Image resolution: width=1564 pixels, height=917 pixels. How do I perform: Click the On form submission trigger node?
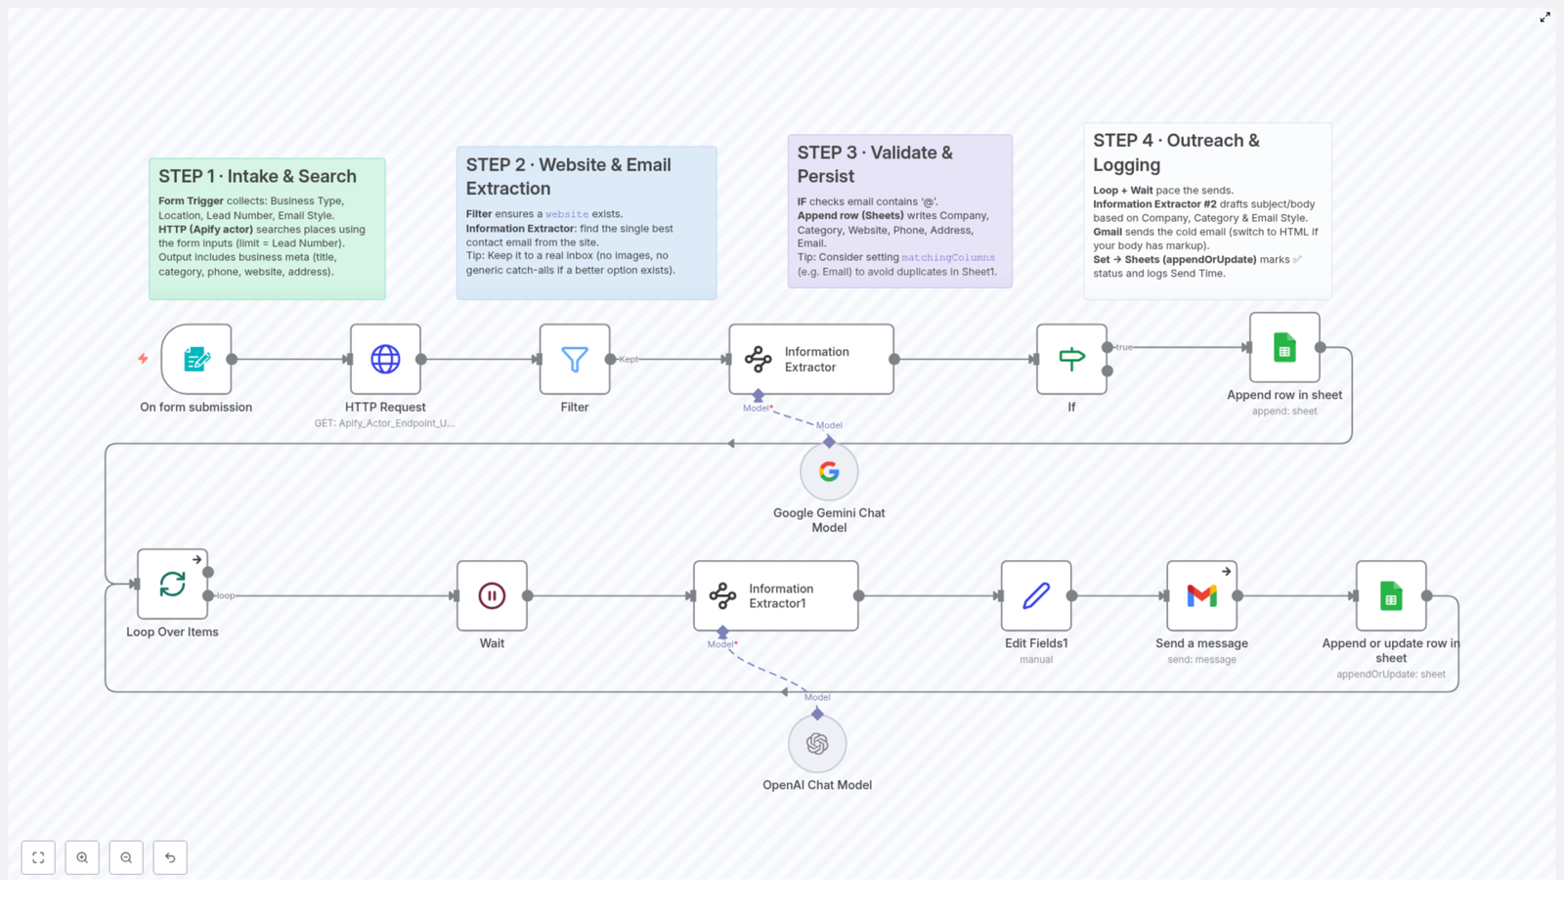click(196, 360)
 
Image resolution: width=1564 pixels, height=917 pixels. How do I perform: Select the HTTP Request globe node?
click(385, 360)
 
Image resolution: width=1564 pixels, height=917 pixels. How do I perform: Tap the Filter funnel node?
click(575, 360)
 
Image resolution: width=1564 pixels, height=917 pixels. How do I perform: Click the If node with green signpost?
click(1071, 360)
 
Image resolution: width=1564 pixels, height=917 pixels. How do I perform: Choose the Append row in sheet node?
click(1284, 348)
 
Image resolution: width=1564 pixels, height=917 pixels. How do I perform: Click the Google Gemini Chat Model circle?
click(829, 472)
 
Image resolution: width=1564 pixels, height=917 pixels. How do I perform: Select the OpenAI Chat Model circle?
click(817, 744)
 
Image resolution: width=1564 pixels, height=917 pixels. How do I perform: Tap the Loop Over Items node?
click(172, 585)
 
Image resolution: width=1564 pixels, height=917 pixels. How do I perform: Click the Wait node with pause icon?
click(492, 596)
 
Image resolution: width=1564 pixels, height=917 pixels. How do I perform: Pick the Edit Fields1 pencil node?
click(1036, 596)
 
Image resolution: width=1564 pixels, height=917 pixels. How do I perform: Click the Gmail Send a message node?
click(1201, 596)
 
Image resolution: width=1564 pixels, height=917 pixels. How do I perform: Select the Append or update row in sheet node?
click(1391, 596)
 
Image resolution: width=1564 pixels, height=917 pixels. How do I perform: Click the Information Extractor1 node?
click(776, 596)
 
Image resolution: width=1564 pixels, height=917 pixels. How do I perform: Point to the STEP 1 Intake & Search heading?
click(257, 177)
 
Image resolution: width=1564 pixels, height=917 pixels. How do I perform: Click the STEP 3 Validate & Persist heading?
click(875, 164)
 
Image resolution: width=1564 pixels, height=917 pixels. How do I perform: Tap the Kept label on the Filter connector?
click(629, 360)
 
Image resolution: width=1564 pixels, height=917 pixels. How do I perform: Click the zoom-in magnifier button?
click(82, 857)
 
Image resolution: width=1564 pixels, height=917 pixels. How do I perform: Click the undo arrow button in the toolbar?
click(170, 857)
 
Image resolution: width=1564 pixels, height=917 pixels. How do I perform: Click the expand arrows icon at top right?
click(1545, 18)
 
